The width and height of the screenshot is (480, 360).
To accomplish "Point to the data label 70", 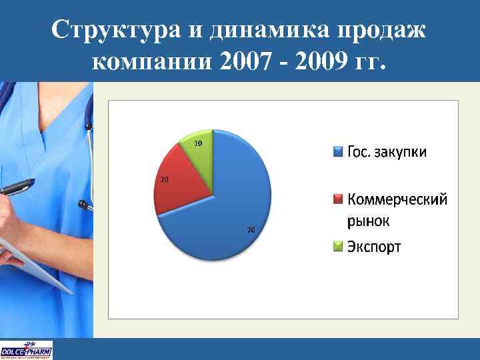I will pyautogui.click(x=251, y=230).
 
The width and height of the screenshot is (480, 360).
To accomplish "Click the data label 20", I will pyautogui.click(x=164, y=180).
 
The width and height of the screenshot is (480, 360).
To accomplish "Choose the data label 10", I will pyautogui.click(x=198, y=144).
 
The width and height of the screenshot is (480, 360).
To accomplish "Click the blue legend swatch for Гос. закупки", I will pyautogui.click(x=338, y=153).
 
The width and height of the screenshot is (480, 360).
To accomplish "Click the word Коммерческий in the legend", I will pyautogui.click(x=397, y=200).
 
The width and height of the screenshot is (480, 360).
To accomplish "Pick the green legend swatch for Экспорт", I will pyautogui.click(x=338, y=247).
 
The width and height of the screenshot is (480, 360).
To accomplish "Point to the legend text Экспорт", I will pyautogui.click(x=374, y=247).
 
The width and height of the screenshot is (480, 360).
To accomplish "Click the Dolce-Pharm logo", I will pyautogui.click(x=27, y=350).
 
